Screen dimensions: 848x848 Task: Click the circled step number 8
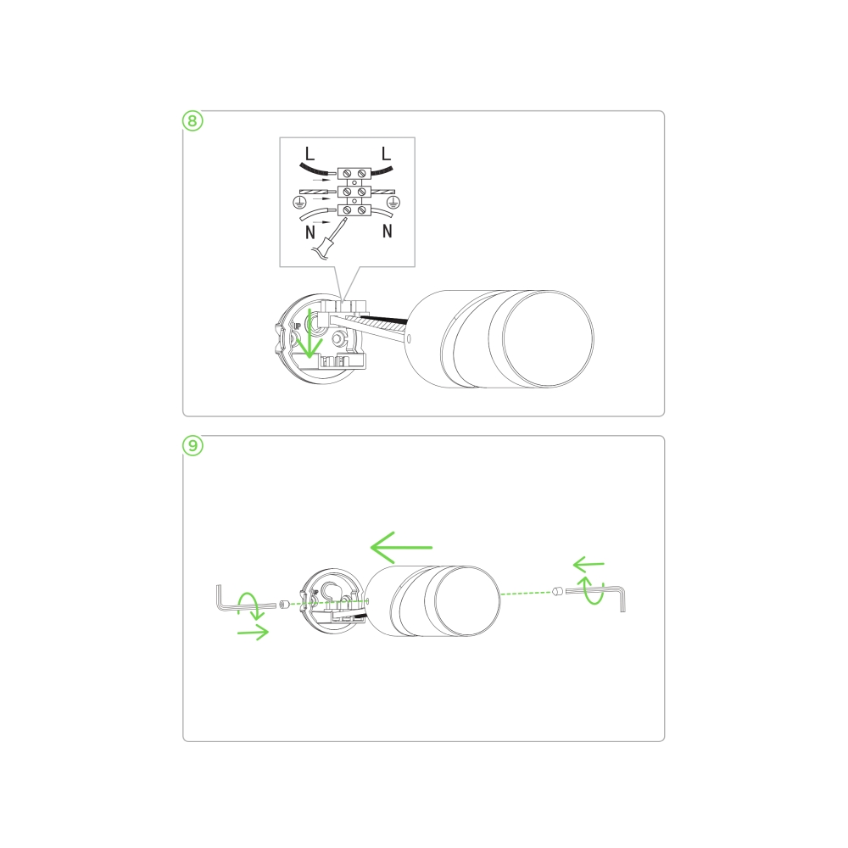(x=192, y=120)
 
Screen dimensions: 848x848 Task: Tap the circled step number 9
(x=192, y=446)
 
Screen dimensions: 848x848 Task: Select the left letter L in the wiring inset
(x=310, y=153)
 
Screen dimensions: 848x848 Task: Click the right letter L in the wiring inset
(x=386, y=153)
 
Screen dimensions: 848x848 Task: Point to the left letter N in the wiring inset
(x=310, y=232)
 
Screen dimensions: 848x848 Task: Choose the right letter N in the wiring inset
(x=388, y=232)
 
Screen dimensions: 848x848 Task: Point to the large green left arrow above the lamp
(x=401, y=547)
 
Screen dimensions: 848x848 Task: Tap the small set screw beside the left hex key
(x=284, y=604)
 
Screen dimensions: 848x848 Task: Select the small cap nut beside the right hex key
(x=558, y=591)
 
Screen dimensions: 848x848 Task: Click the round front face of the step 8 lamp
(x=549, y=338)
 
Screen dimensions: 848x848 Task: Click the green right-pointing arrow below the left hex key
(x=253, y=633)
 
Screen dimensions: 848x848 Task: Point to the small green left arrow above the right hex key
(x=589, y=565)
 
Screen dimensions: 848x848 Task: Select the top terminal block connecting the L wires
(x=354, y=174)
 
